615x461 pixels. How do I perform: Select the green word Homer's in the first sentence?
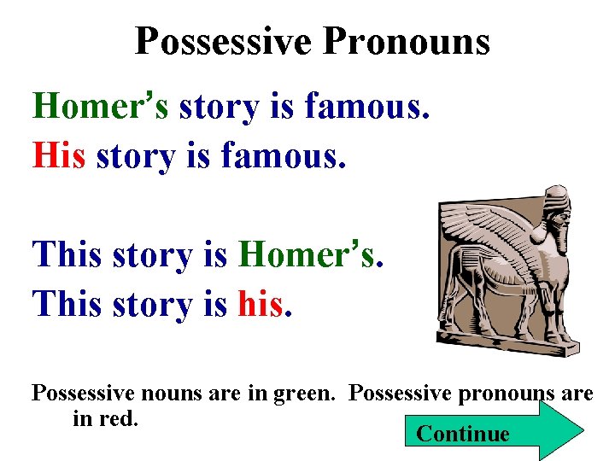tap(102, 108)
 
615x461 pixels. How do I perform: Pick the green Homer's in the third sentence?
tap(309, 254)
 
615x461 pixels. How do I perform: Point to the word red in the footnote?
tap(121, 418)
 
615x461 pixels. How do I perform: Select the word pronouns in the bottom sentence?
tap(496, 394)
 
